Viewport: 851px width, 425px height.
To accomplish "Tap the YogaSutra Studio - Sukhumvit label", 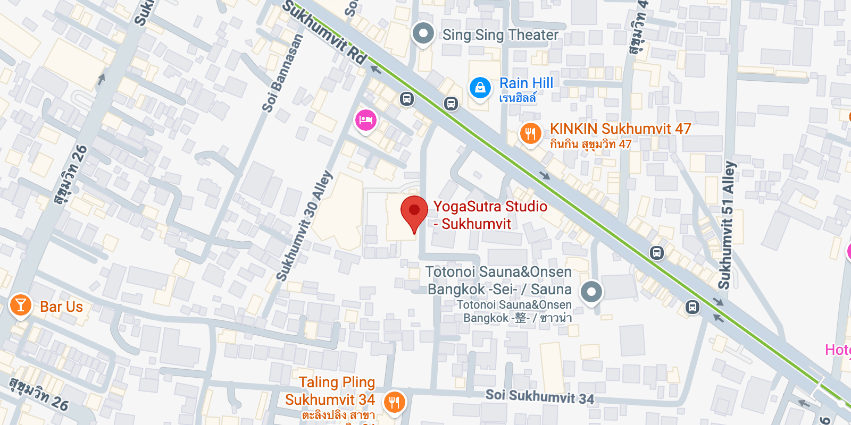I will point(489,215).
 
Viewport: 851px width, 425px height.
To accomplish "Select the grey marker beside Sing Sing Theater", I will point(423,34).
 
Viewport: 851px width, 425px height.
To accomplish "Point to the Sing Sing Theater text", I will point(500,35).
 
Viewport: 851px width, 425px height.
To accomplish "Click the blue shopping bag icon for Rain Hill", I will point(480,88).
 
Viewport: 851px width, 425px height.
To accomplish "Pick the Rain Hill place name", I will point(526,83).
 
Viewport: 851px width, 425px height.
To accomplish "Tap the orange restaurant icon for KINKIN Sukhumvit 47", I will point(530,133).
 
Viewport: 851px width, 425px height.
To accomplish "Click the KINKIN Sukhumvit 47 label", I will point(620,129).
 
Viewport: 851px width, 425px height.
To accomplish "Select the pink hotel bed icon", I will point(366,120).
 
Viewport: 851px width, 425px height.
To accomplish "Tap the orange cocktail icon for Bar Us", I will point(20,305).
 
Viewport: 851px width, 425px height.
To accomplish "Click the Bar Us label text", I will point(62,307).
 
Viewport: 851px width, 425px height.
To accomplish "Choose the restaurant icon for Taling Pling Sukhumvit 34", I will point(394,402).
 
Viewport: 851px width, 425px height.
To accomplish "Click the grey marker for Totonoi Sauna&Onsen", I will point(591,291).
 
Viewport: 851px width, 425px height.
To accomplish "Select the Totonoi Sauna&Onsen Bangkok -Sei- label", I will point(499,280).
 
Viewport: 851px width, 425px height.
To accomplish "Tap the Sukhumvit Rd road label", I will point(324,32).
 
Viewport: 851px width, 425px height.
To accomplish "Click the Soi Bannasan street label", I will point(282,73).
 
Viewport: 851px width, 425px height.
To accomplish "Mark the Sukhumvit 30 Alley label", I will point(304,226).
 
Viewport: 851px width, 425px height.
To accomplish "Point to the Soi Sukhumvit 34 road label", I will point(539,396).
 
